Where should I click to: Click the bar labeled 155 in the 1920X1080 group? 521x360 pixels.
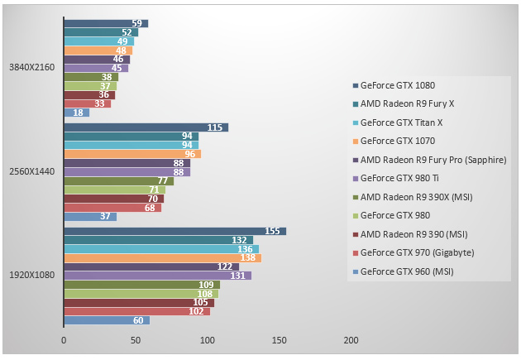coord(174,232)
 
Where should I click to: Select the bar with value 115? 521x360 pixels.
coord(146,127)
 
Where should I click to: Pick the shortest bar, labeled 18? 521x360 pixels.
coord(76,113)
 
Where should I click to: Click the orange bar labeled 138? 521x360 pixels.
coord(162,258)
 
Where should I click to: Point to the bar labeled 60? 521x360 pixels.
coord(107,320)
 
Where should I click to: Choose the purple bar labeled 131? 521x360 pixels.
coord(157,276)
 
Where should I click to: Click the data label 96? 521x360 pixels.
coord(189,154)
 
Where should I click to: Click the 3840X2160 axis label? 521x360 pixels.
coord(31,67)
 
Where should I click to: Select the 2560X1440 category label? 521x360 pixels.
coord(31,171)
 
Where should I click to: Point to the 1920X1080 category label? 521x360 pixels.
coord(31,276)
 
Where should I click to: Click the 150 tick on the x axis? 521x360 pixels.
coord(279,339)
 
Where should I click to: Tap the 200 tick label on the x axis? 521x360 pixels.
coord(351,339)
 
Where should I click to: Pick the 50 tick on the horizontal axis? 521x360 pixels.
coord(135,339)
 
